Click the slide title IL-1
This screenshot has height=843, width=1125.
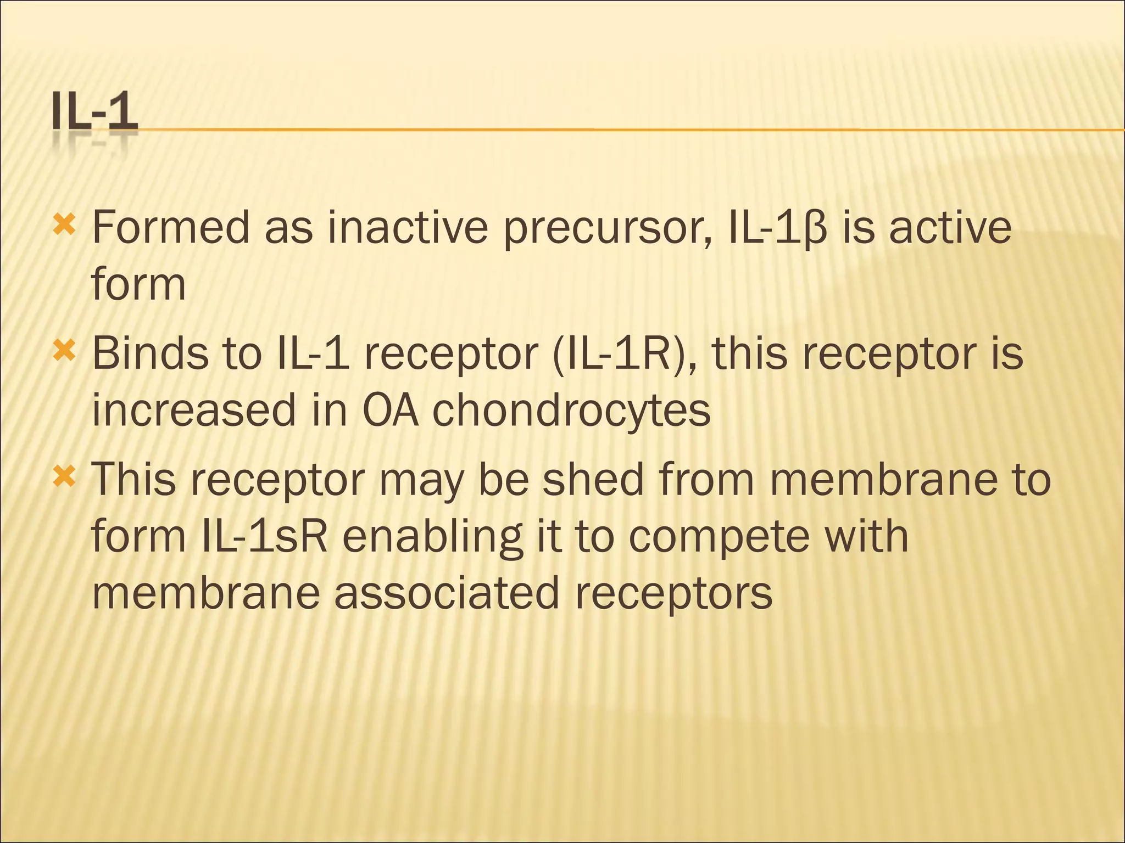click(94, 112)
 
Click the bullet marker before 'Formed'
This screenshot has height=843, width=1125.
click(64, 225)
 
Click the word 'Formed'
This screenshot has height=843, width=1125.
click(171, 228)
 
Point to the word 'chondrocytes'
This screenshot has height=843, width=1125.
click(571, 412)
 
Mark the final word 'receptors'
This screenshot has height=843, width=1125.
click(673, 595)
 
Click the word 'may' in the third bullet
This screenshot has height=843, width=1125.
click(421, 481)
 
